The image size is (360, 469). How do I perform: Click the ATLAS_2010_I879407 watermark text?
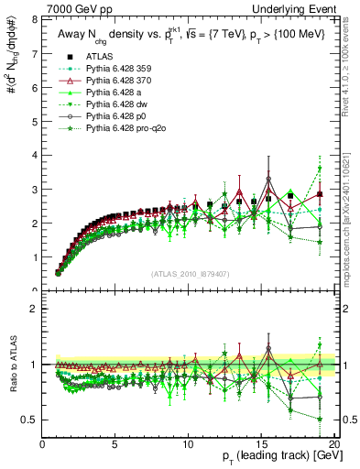(x=189, y=274)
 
